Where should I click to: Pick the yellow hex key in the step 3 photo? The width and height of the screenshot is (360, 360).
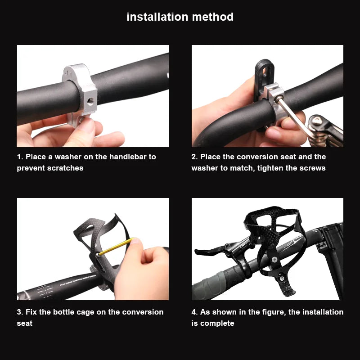[115, 247]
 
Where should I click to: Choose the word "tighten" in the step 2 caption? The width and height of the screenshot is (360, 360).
[274, 168]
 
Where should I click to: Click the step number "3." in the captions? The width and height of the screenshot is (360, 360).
[20, 312]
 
